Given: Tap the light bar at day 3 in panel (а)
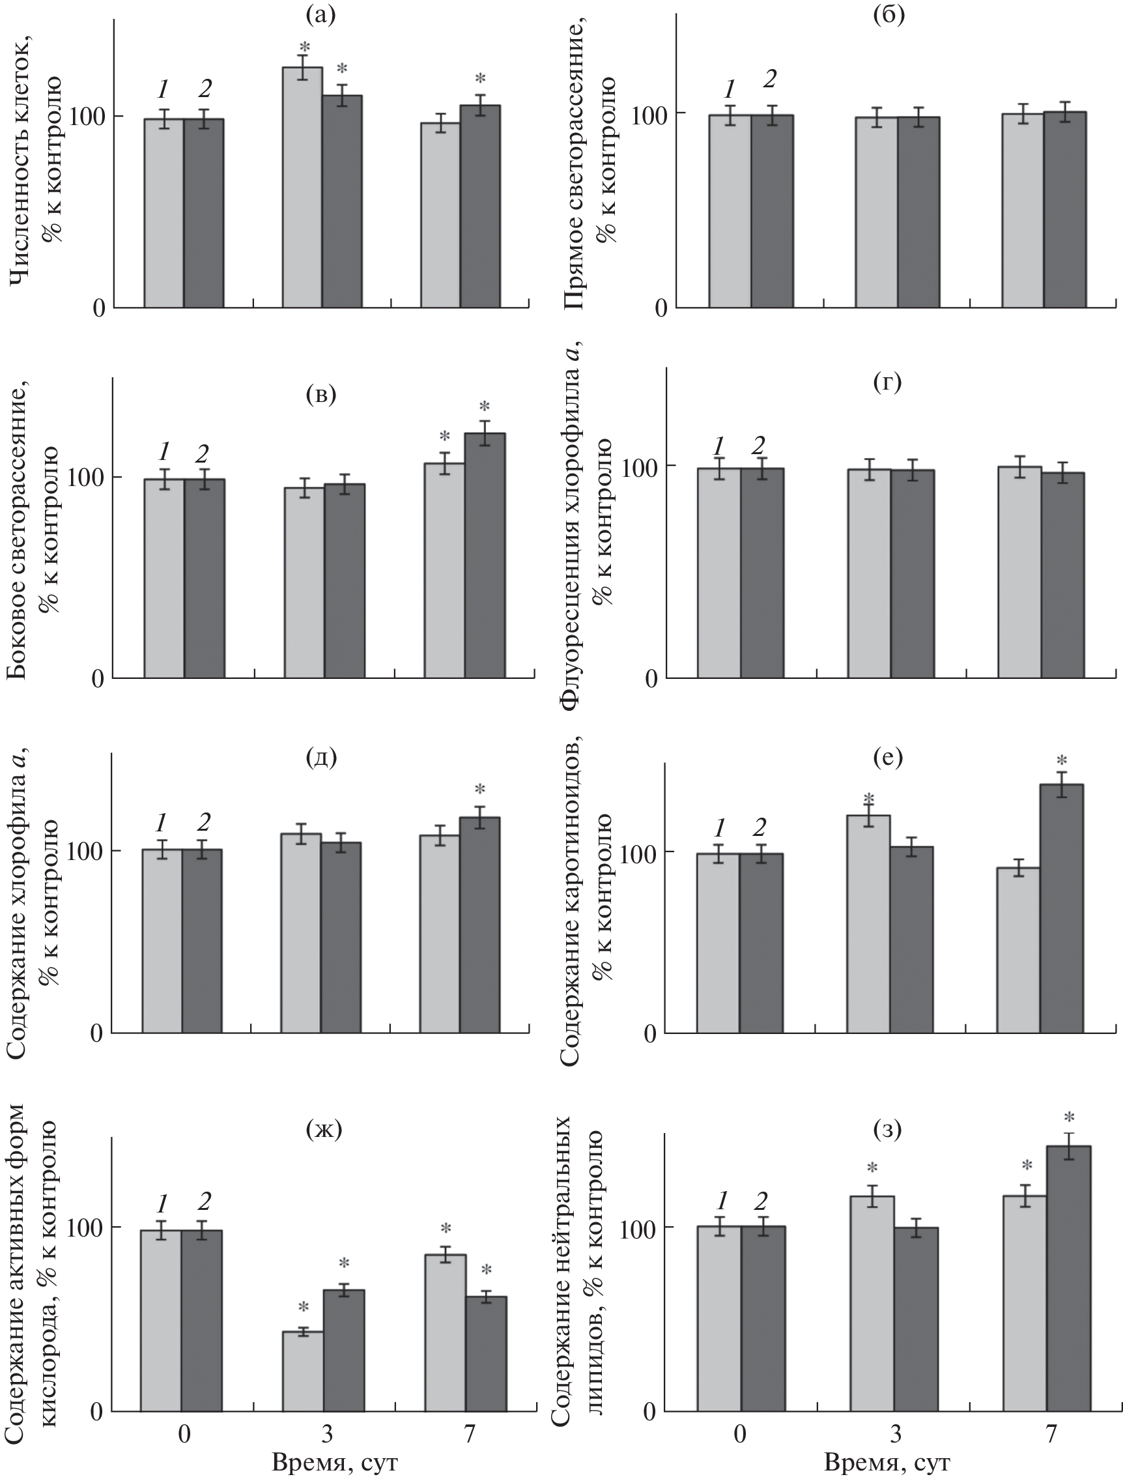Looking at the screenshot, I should pos(302,187).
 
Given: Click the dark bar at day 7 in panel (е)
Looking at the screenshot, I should pos(1062,910).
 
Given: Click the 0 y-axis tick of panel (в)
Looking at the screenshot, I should pos(98,680).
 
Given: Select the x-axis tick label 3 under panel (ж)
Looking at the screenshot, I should pos(327,1433).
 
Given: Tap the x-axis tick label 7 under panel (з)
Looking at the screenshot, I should pos(1051,1433).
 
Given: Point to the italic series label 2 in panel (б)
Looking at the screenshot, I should pos(770,79).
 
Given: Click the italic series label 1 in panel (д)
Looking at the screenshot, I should pos(161,822).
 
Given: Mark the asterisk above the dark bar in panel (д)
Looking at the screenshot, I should pos(479,790).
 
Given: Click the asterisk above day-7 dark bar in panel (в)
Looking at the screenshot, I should pos(485,407).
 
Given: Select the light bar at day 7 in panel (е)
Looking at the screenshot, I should pos(1018,951).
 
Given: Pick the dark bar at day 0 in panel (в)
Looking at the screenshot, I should pos(205,579).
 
